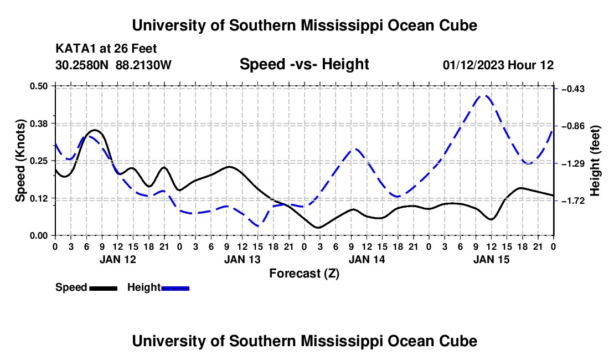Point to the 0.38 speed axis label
[x=38, y=124]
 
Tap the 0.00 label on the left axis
[x=38, y=236]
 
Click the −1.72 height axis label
[x=573, y=201]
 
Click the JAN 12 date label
[x=118, y=259]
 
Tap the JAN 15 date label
[x=491, y=259]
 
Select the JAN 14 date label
[x=367, y=259]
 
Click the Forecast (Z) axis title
[x=304, y=274]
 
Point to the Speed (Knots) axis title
[x=20, y=161]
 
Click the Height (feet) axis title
[x=595, y=161]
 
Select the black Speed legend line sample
[x=104, y=289]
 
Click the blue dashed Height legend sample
[x=175, y=289]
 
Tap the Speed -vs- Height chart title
[x=304, y=64]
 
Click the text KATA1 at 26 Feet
[x=106, y=49]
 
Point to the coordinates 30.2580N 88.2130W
[x=113, y=65]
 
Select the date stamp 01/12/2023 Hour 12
[x=498, y=65]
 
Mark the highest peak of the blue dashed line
[x=484, y=95]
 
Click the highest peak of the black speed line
[x=95, y=130]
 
